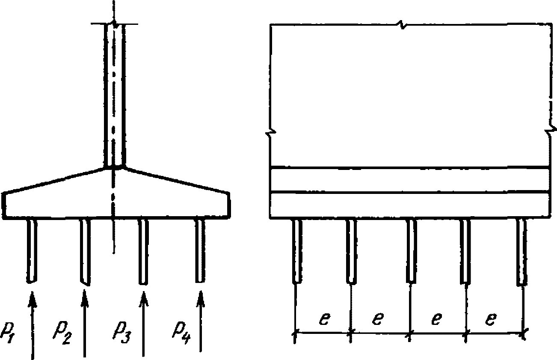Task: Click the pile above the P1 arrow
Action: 32,250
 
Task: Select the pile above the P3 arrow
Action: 144,251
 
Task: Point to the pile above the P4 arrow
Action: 199,250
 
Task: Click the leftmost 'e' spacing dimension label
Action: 324,319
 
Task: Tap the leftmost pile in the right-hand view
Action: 297,251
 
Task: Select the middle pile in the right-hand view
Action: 411,251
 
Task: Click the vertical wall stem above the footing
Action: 114,94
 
